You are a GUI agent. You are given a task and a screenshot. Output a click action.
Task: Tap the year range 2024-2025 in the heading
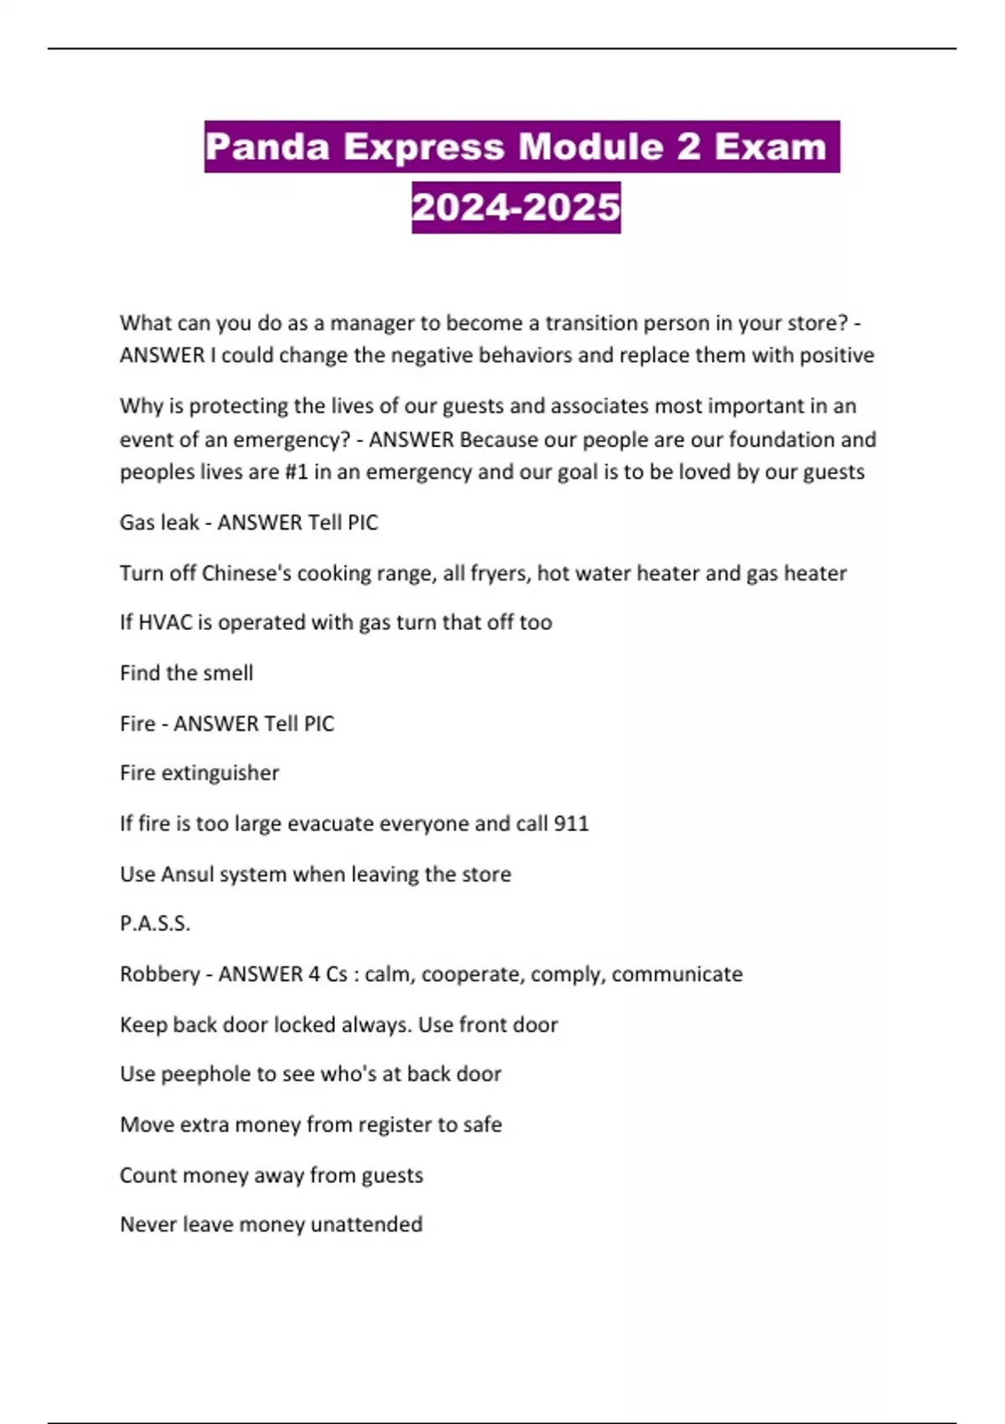[x=516, y=208]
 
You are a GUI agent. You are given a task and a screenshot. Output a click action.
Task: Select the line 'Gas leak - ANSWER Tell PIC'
[x=249, y=523]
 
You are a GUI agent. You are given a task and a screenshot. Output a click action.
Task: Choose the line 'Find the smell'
[x=186, y=673]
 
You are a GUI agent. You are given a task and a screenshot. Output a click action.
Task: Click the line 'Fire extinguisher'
[x=199, y=773]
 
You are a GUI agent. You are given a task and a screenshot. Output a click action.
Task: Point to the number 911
[x=571, y=823]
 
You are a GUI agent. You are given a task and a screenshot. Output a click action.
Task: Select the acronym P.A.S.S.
[x=155, y=924]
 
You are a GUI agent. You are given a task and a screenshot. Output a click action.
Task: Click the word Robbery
[x=160, y=974]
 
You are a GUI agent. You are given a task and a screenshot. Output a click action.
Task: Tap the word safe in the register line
[x=482, y=1125]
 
